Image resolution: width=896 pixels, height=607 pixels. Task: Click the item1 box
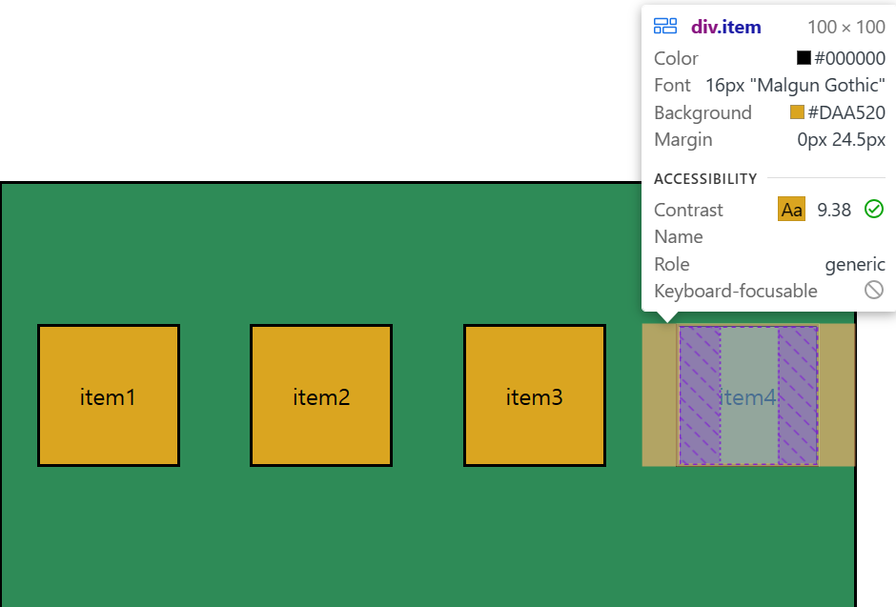pyautogui.click(x=109, y=395)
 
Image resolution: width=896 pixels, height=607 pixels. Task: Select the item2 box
pyautogui.click(x=321, y=395)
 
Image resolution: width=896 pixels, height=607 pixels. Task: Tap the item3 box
pyautogui.click(x=535, y=395)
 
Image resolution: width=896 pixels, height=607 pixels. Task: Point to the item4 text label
pyautogui.click(x=749, y=397)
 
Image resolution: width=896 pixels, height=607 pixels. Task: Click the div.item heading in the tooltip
pyautogui.click(x=726, y=27)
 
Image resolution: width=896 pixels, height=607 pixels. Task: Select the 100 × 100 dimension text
pyautogui.click(x=845, y=27)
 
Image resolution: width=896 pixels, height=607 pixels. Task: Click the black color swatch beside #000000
pyautogui.click(x=804, y=58)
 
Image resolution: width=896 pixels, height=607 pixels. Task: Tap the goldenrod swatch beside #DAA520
pyautogui.click(x=797, y=112)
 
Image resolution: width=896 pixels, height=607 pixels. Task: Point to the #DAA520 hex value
pyautogui.click(x=846, y=112)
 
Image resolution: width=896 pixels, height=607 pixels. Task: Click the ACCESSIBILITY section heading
pyautogui.click(x=705, y=178)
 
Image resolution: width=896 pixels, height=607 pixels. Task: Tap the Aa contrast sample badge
pyautogui.click(x=791, y=210)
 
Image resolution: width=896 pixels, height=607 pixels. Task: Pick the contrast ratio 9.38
pyautogui.click(x=834, y=210)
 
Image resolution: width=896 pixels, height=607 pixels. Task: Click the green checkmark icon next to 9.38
pyautogui.click(x=874, y=209)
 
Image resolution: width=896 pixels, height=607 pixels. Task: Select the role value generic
pyautogui.click(x=855, y=264)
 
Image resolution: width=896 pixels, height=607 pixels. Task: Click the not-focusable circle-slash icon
pyautogui.click(x=874, y=290)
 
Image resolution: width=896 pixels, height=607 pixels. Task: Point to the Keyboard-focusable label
pyautogui.click(x=735, y=291)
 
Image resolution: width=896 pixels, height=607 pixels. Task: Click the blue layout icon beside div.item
pyautogui.click(x=665, y=27)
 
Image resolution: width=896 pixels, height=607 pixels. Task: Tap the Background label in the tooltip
pyautogui.click(x=703, y=112)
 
